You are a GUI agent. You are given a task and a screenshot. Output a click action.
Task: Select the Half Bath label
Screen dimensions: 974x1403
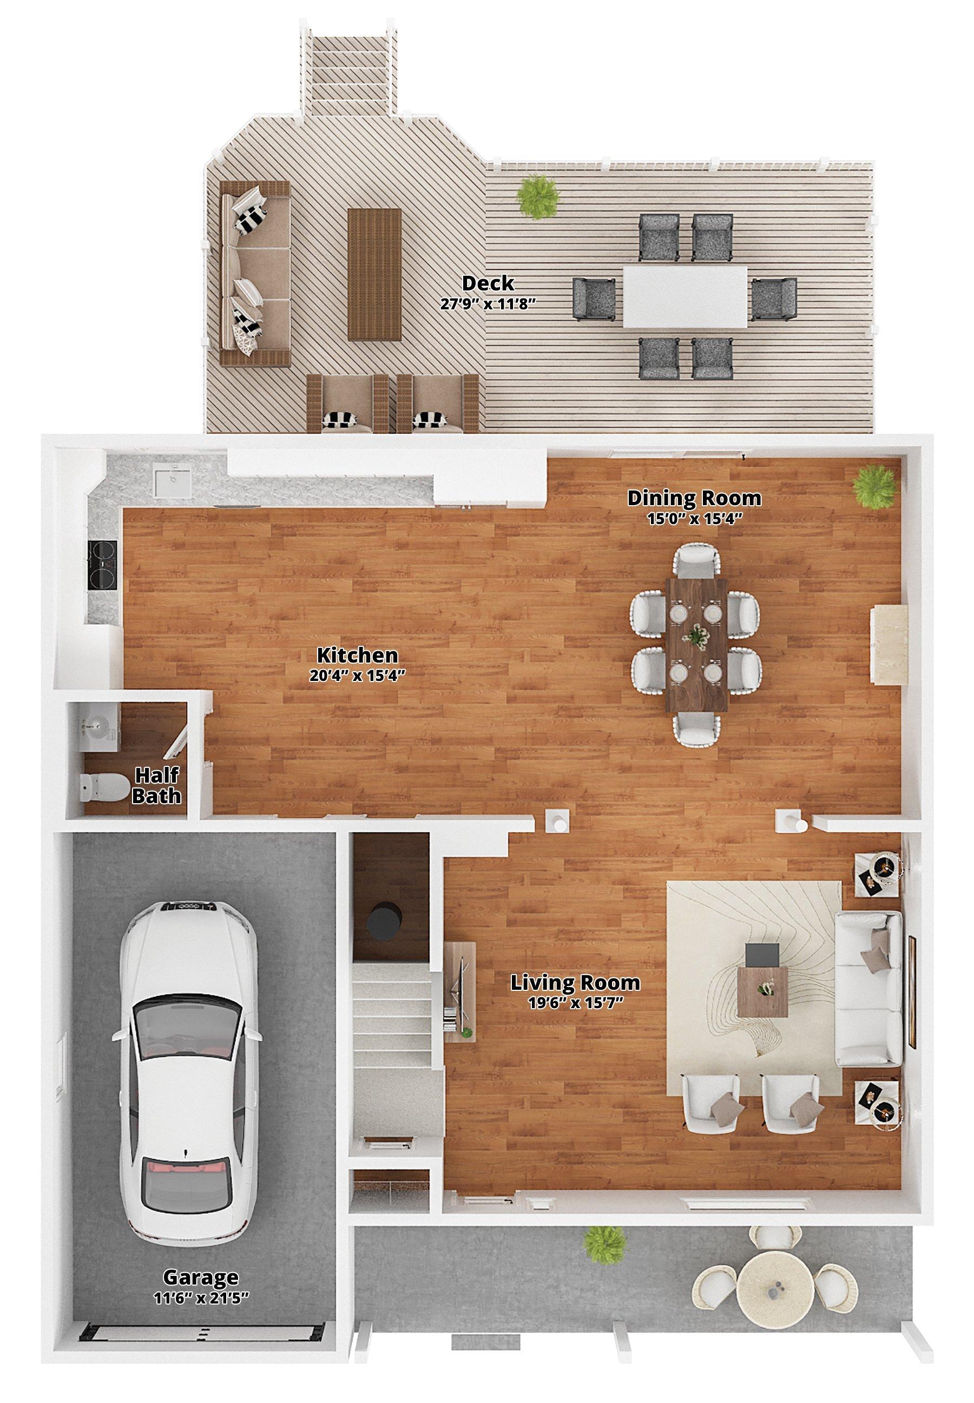pos(157,786)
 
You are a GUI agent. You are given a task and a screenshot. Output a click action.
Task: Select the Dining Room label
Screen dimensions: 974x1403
pos(694,498)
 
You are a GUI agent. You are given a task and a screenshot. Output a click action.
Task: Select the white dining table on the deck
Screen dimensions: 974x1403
pos(685,296)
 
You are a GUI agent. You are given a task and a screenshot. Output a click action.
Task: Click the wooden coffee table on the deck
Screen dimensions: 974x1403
pos(374,274)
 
